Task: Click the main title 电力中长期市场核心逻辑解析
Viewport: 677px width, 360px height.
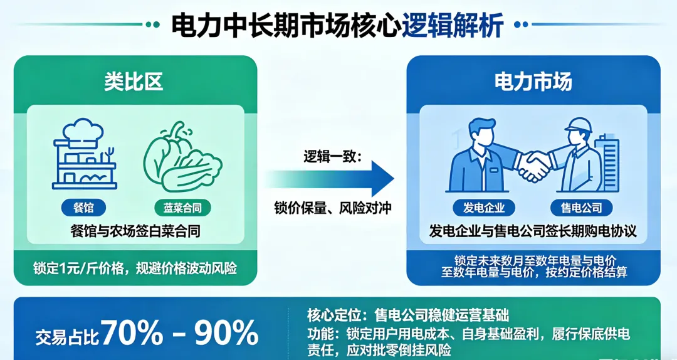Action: click(x=337, y=26)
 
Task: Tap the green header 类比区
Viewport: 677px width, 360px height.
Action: click(x=134, y=82)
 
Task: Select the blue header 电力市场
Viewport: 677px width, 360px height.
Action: click(x=533, y=82)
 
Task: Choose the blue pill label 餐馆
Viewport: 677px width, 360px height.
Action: click(x=84, y=208)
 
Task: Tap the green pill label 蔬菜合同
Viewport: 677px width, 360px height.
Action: click(x=182, y=208)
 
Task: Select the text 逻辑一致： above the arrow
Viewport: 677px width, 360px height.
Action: click(x=333, y=156)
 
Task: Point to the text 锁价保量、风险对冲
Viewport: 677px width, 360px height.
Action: click(x=332, y=208)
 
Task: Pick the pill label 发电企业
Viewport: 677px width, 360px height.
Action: click(x=484, y=208)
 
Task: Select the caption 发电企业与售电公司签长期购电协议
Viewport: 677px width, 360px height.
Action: click(x=533, y=231)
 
